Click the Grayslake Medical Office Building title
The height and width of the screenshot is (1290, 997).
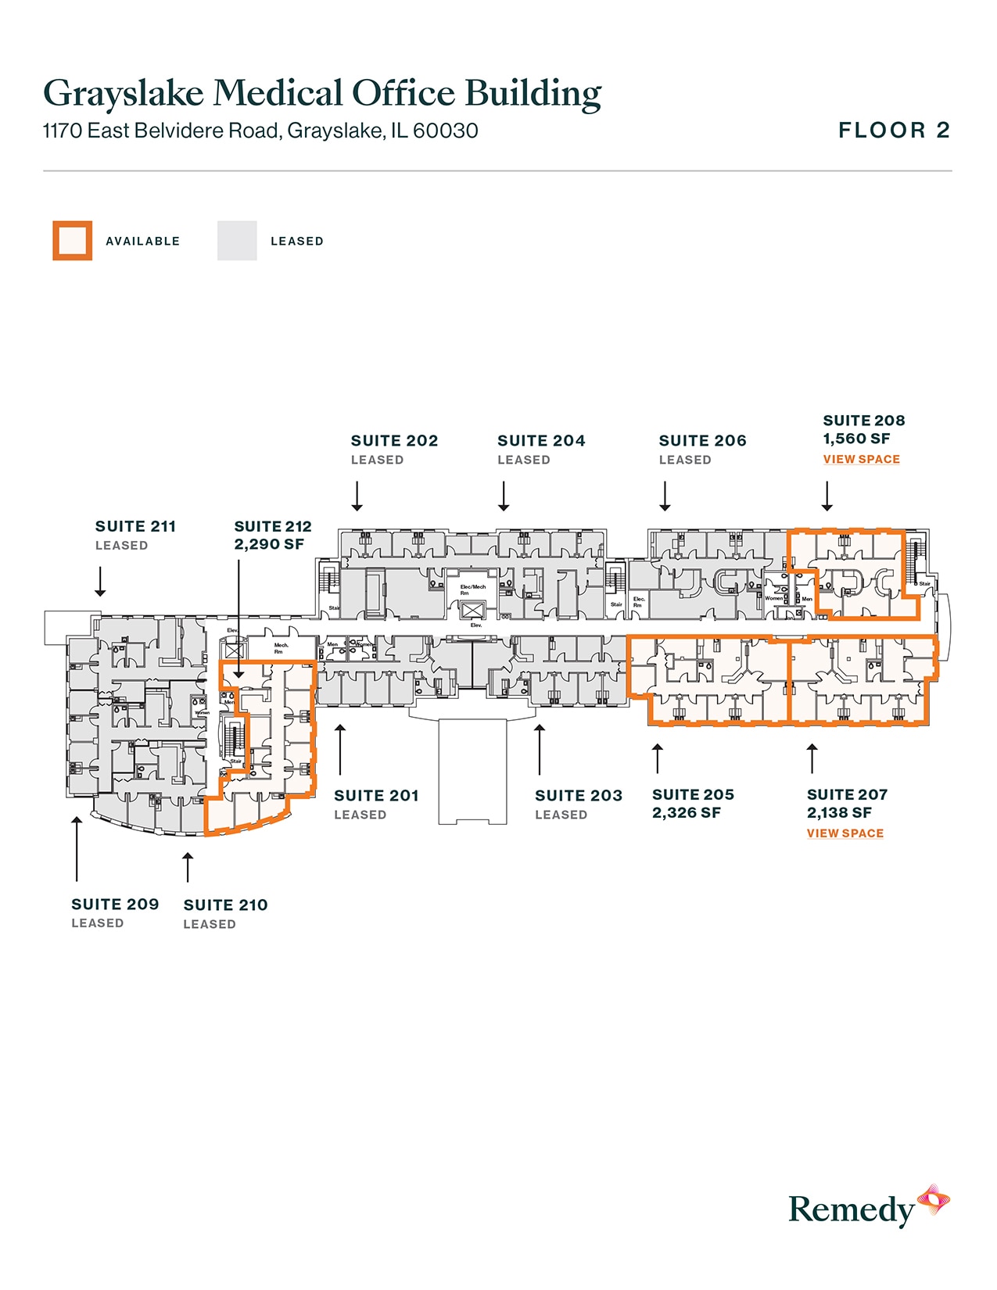[321, 93]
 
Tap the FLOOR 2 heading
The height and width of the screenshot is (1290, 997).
[894, 131]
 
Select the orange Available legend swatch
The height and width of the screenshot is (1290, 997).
[73, 241]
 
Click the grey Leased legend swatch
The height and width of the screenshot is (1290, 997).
[237, 241]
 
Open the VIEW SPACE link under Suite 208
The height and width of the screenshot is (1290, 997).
[861, 460]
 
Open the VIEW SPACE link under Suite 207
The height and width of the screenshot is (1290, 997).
[845, 833]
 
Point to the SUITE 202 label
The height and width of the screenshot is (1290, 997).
[394, 441]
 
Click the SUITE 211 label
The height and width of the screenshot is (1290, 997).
[135, 527]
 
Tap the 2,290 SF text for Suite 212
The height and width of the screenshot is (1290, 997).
[269, 545]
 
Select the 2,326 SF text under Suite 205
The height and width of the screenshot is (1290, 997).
[686, 813]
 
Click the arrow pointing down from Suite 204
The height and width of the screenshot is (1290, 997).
[504, 496]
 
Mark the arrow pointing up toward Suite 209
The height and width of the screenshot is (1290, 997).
[77, 848]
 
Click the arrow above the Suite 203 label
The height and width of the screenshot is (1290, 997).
[540, 750]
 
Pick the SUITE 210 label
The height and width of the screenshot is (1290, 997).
[225, 905]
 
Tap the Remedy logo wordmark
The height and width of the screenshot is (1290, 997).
[851, 1209]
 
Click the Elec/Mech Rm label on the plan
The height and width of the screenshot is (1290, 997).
[472, 589]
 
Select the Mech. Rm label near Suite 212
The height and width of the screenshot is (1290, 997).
[281, 648]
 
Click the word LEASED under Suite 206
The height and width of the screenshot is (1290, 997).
[685, 460]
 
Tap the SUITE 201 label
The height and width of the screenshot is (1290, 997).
[376, 796]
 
